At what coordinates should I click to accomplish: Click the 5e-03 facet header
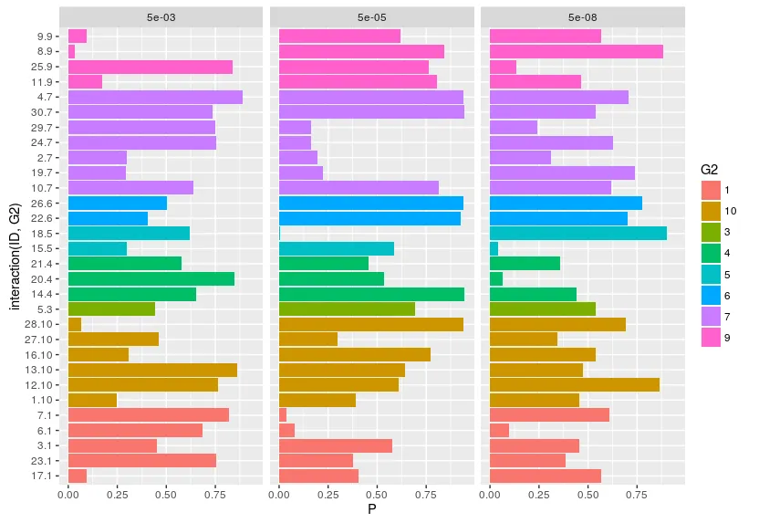coord(161,16)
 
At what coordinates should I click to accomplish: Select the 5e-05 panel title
coord(372,16)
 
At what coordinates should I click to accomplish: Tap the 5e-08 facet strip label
coord(583,16)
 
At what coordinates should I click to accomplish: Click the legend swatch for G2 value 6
coord(712,296)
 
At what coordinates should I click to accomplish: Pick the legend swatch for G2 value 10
coord(712,211)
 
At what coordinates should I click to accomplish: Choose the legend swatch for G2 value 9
coord(712,338)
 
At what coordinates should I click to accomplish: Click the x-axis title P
coord(372,509)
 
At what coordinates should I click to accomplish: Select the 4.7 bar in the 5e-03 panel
coord(155,97)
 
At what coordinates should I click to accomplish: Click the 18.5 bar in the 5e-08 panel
coord(578,234)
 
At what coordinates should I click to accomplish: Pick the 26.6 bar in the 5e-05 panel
coord(371,203)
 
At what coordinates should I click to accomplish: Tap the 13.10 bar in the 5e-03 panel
coord(152,370)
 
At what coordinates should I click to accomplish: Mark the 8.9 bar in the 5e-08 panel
coord(577,51)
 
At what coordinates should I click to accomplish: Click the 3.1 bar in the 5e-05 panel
coord(336,445)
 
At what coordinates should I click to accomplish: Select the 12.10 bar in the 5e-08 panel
coord(575,384)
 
